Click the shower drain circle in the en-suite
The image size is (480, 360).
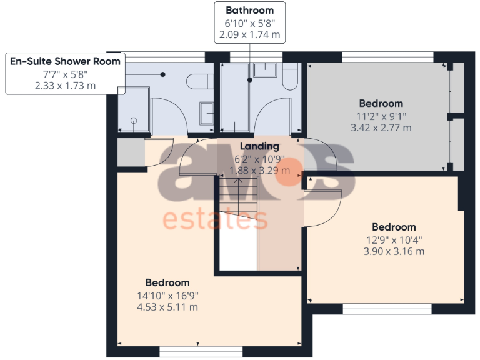tap(134, 121)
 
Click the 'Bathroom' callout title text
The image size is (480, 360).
tap(249, 10)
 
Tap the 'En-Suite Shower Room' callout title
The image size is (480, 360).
tap(66, 61)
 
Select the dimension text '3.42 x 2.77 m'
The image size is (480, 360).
tap(381, 127)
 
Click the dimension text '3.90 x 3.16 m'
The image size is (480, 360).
tap(394, 251)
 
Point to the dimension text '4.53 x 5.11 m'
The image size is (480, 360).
tap(167, 307)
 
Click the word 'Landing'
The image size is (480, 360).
tap(259, 146)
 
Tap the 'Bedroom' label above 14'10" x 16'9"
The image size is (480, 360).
tap(167, 282)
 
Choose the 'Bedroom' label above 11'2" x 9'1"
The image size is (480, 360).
tap(381, 103)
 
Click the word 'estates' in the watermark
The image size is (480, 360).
tap(215, 220)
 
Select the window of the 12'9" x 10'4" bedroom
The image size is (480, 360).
tap(386, 309)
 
